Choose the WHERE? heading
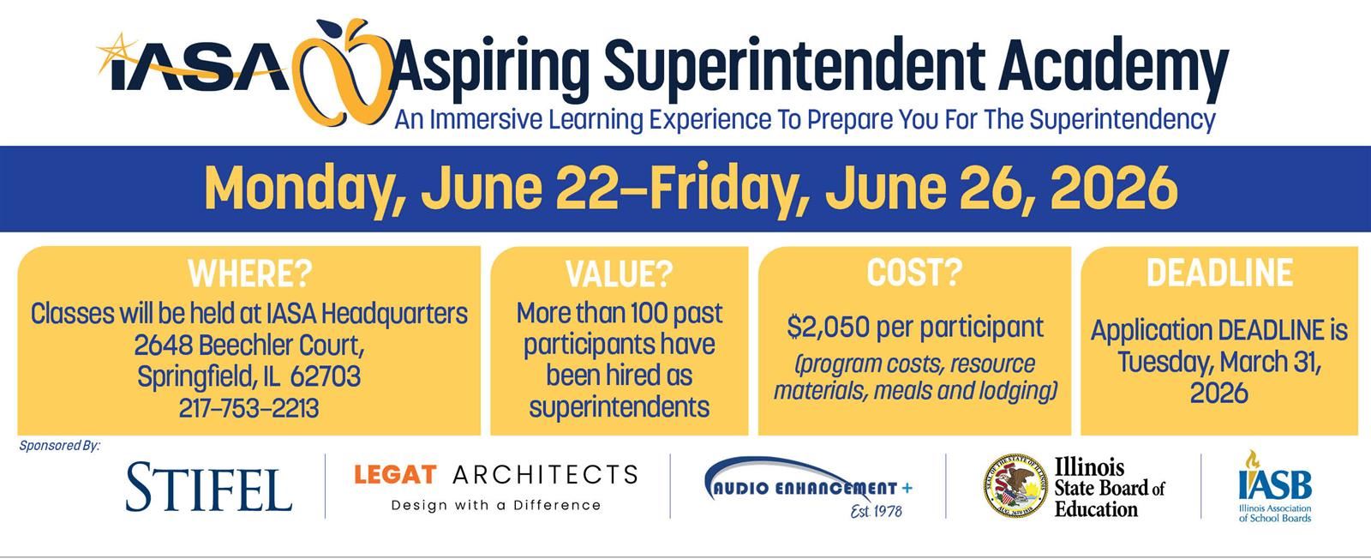(250, 273)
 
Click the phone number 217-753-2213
(248, 408)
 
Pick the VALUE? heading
(619, 273)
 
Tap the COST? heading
(914, 272)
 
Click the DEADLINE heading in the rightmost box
(1219, 272)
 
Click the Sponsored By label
(60, 446)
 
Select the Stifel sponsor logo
(209, 486)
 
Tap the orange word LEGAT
(395, 474)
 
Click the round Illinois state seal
(1015, 486)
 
